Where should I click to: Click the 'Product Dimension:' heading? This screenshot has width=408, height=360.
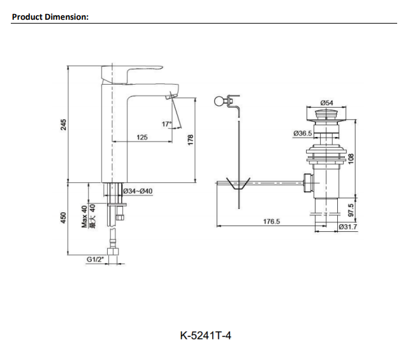pyautogui.click(x=50, y=17)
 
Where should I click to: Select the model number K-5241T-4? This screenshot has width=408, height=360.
pyautogui.click(x=205, y=335)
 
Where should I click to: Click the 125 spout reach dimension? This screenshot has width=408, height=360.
pyautogui.click(x=142, y=137)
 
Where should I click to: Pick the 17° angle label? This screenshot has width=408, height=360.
pyautogui.click(x=167, y=124)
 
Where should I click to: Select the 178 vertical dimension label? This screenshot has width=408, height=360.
pyautogui.click(x=190, y=140)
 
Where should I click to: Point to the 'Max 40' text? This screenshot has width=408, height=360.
pyautogui.click(x=85, y=217)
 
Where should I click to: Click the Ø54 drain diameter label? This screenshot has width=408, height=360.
pyautogui.click(x=327, y=103)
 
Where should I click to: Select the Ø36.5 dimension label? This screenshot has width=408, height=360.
pyautogui.click(x=302, y=133)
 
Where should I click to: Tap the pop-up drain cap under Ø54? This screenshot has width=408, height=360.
pyautogui.click(x=327, y=115)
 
